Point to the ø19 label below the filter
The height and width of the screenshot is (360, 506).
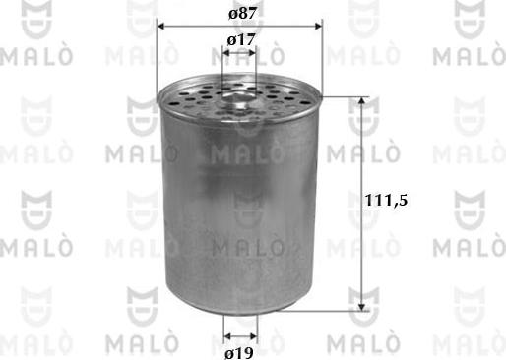coord(239,351)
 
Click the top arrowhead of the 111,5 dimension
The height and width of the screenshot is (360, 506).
coord(365,103)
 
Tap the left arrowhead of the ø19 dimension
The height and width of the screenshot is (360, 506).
coord(226,332)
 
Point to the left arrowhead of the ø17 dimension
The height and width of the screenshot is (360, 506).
coord(226,54)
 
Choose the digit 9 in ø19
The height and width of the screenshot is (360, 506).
coord(250,351)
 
